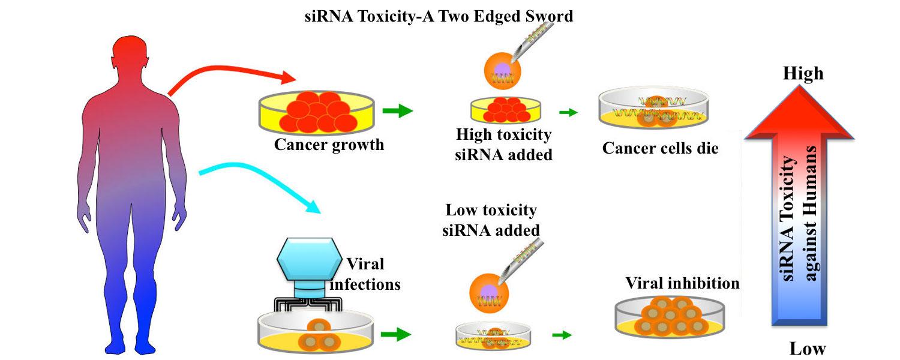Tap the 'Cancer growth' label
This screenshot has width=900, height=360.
[329, 145]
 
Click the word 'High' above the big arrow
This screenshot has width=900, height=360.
[803, 73]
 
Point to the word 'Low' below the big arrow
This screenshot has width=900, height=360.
[807, 348]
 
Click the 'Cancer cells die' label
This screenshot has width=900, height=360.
[660, 148]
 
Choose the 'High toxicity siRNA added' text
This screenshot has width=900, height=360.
[503, 144]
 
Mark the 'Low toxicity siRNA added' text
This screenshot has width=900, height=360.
[491, 220]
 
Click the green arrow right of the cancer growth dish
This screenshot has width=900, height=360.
[397, 111]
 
